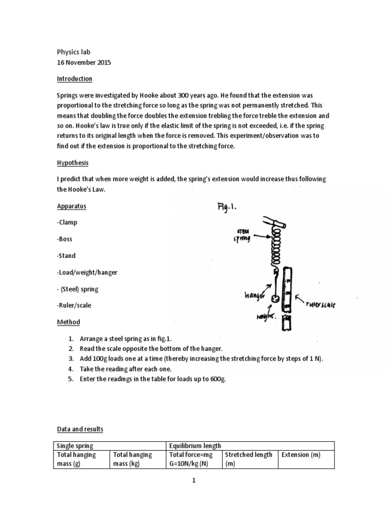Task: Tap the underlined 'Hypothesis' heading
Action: [72, 163]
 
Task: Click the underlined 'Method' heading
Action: [68, 322]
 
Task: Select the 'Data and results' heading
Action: [79, 429]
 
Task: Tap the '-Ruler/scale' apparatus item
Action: [74, 305]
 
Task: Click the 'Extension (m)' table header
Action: [301, 455]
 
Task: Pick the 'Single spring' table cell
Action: [76, 445]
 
